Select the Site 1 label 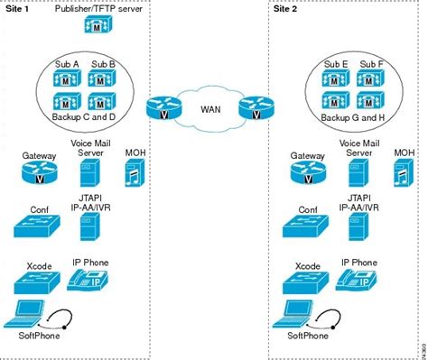17,6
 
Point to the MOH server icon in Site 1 133,171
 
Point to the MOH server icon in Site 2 402,171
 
